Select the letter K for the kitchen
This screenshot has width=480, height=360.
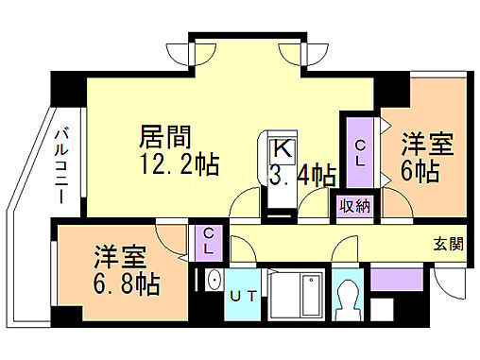[x=282, y=149]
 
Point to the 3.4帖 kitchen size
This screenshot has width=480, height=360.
[x=301, y=174]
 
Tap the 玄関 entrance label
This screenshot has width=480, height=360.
[x=448, y=245]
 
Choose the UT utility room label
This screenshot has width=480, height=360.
[x=244, y=296]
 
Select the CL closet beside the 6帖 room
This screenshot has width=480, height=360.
[x=360, y=151]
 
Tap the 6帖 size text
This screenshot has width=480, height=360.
[x=420, y=172]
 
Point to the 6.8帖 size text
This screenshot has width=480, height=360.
[x=127, y=283]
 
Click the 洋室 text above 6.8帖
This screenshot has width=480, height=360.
[x=119, y=256]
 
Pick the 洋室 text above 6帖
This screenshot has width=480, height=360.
[x=426, y=145]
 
